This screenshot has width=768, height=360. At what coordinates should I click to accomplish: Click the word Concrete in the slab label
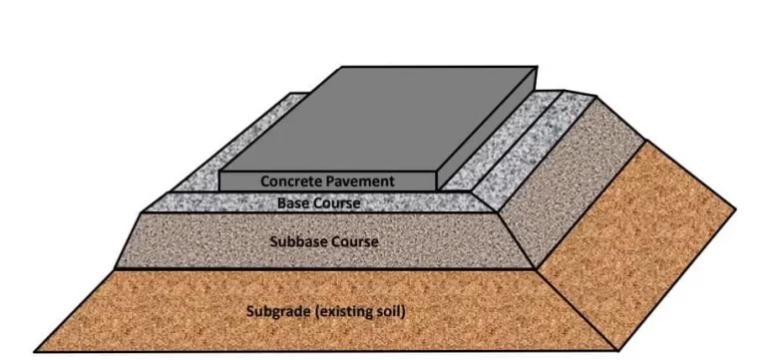click(291, 181)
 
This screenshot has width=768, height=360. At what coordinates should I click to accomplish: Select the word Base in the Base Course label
click(293, 202)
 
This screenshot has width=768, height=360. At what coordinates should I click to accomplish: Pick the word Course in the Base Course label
click(337, 202)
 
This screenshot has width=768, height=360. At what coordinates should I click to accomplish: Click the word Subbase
click(300, 241)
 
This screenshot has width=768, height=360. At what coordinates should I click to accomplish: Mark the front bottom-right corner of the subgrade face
click(619, 350)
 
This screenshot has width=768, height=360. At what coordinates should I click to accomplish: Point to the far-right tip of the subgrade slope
click(736, 208)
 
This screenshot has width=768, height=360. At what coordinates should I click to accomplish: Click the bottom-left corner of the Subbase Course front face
click(116, 268)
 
